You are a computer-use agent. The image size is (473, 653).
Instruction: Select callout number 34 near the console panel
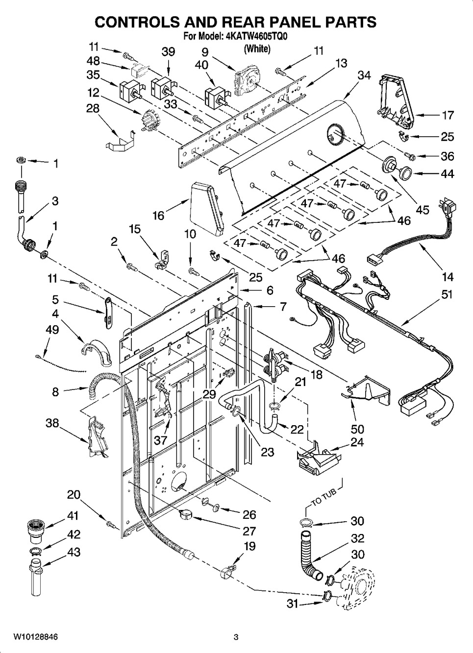pyautogui.click(x=364, y=75)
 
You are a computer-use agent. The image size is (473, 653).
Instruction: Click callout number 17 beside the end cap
pyautogui.click(x=448, y=115)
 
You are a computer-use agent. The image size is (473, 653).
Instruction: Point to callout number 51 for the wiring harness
pyautogui.click(x=447, y=294)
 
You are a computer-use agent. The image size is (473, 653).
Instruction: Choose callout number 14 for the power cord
pyautogui.click(x=447, y=277)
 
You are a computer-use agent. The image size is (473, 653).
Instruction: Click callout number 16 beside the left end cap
pyautogui.click(x=158, y=215)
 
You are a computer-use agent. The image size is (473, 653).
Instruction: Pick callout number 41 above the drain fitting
pyautogui.click(x=73, y=515)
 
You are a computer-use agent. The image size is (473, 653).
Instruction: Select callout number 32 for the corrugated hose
pyautogui.click(x=357, y=538)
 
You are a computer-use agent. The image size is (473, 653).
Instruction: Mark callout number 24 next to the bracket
pyautogui.click(x=357, y=442)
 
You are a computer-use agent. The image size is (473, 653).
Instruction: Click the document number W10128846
pyautogui.click(x=35, y=637)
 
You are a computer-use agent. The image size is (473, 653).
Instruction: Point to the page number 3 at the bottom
pyautogui.click(x=236, y=637)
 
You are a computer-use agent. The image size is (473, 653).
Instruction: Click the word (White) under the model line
pyautogui.click(x=257, y=48)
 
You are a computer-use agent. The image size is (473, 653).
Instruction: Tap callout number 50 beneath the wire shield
pyautogui.click(x=357, y=429)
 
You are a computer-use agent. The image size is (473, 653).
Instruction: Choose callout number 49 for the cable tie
pyautogui.click(x=52, y=329)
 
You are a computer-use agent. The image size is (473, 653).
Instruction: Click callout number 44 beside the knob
pyautogui.click(x=448, y=173)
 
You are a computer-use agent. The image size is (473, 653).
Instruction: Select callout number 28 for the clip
pyautogui.click(x=93, y=108)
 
